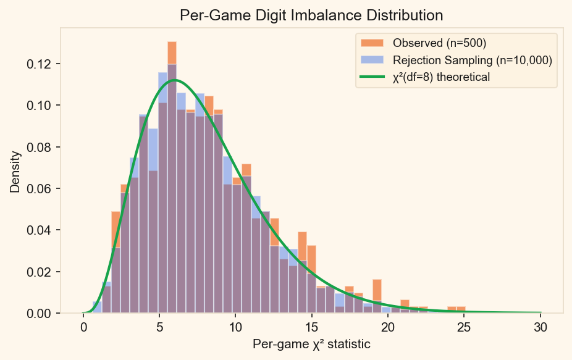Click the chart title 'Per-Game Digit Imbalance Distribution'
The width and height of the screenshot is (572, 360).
click(x=311, y=15)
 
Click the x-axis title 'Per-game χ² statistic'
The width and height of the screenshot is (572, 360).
click(x=311, y=345)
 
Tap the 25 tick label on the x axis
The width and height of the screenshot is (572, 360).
click(x=464, y=327)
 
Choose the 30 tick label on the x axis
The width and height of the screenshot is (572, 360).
click(x=540, y=327)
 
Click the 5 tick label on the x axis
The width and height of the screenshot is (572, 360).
click(x=159, y=327)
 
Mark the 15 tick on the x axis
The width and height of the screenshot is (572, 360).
click(x=312, y=327)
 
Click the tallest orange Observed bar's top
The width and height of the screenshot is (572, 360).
click(x=172, y=43)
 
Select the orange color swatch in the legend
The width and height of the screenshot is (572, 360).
click(x=372, y=44)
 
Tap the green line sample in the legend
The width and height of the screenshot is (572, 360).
click(x=372, y=77)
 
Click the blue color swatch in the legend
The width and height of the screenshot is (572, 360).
click(x=372, y=60)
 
